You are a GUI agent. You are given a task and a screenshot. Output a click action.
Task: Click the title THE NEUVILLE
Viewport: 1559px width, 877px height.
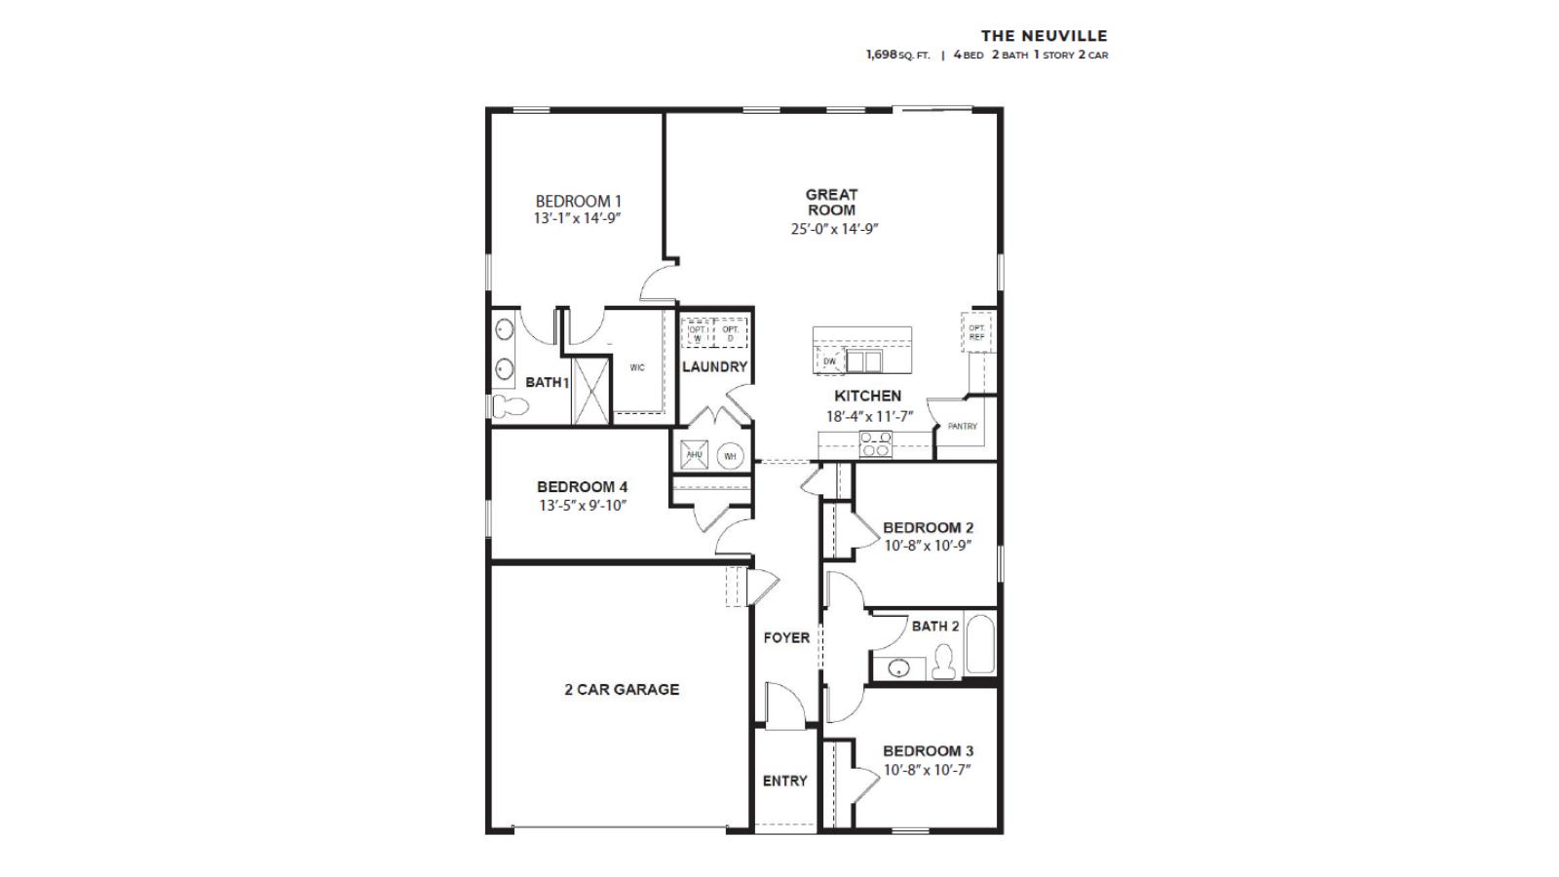point(1044,36)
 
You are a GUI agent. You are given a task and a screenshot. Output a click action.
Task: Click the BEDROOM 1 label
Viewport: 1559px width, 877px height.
point(578,202)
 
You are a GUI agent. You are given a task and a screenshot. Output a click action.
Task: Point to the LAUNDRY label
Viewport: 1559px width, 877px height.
point(714,367)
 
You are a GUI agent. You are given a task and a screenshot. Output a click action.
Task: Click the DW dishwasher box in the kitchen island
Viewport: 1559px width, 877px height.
point(829,362)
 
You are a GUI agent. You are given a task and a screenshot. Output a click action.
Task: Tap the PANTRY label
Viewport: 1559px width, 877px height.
point(962,427)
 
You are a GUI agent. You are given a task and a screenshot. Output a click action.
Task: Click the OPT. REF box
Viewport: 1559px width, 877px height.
point(976,331)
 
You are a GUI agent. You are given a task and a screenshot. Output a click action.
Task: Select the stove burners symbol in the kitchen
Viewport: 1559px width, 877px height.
point(875,445)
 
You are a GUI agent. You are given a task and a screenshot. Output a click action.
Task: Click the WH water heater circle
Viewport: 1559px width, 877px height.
point(730,456)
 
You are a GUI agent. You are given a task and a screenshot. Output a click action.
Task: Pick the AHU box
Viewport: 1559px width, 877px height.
point(694,455)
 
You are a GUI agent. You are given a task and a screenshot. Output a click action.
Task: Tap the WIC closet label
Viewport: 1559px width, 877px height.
point(637,368)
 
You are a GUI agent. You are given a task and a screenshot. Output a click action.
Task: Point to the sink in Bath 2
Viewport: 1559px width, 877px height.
point(899,668)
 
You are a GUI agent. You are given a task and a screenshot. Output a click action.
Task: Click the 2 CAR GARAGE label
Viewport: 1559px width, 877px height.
point(622,690)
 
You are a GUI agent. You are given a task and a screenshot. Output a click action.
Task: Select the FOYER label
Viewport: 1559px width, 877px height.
point(786,638)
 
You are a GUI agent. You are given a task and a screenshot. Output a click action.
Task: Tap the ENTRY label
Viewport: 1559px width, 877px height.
point(784,782)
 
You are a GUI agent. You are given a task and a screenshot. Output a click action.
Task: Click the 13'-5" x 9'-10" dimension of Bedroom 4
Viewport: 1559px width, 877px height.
point(582,506)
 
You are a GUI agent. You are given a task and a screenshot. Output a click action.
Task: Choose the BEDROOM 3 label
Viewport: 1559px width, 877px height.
point(928,751)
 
